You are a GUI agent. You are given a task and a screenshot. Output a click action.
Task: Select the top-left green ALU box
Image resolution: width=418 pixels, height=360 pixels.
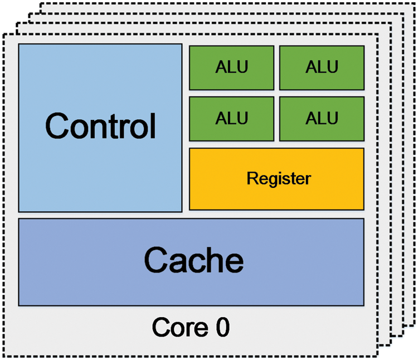click(x=231, y=67)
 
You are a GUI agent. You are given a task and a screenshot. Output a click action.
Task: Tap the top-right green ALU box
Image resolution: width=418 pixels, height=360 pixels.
click(x=322, y=67)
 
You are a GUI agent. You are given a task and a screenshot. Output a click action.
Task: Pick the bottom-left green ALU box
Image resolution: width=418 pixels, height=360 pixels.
click(x=231, y=118)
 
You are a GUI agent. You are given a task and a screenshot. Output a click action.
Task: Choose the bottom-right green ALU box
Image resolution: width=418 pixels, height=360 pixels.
click(x=322, y=118)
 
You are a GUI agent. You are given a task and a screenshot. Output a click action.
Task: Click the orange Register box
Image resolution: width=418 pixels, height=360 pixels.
click(x=276, y=179)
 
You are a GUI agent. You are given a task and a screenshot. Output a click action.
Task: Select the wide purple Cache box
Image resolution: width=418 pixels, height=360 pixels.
click(x=191, y=262)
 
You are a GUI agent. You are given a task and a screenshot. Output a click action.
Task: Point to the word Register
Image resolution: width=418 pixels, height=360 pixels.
click(x=278, y=179)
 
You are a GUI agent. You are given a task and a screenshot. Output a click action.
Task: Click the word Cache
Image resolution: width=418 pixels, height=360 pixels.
click(x=193, y=260)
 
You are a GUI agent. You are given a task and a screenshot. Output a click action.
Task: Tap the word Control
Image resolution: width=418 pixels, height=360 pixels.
click(x=100, y=127)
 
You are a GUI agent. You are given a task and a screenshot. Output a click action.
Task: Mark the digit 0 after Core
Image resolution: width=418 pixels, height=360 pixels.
click(x=222, y=327)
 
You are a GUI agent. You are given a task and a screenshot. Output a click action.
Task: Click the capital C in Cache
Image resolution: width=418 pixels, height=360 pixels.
click(x=158, y=260)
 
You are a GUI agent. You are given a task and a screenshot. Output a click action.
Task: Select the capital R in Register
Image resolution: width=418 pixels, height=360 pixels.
click(x=251, y=179)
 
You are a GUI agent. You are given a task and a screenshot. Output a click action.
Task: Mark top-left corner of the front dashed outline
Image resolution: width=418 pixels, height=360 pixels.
click(x=3, y=35)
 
